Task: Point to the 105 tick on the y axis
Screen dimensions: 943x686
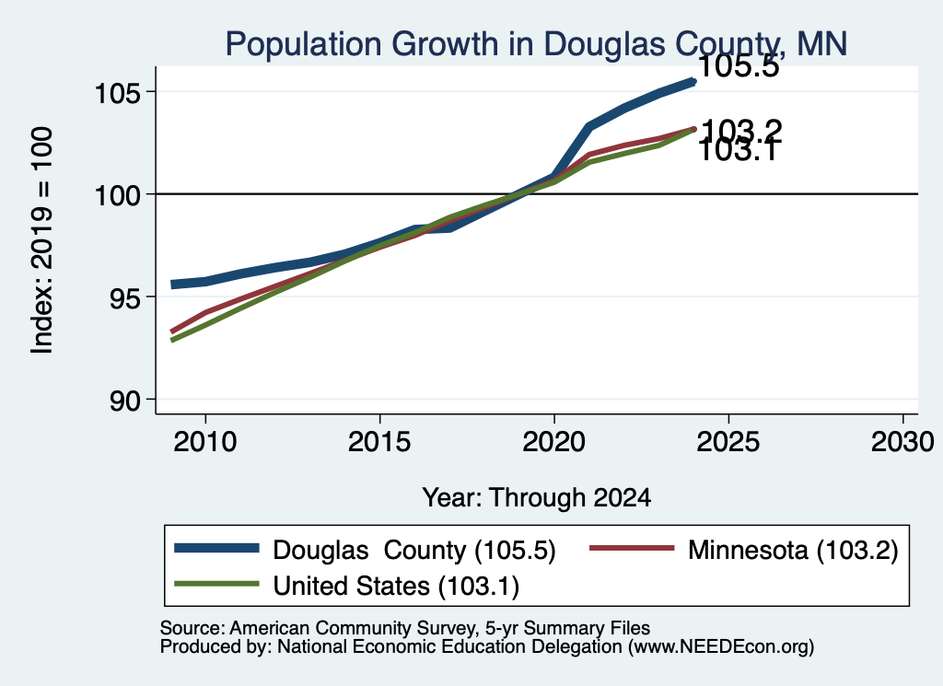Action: pyautogui.click(x=118, y=93)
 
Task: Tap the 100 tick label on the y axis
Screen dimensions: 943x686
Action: pyautogui.click(x=118, y=195)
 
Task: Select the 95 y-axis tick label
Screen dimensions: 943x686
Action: pyautogui.click(x=125, y=297)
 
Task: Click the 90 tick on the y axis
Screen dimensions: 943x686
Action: pyautogui.click(x=125, y=401)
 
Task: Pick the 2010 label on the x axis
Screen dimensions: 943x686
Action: pyautogui.click(x=205, y=443)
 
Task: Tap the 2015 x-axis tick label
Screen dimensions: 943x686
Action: pyautogui.click(x=379, y=443)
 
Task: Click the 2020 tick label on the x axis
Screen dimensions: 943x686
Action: pyautogui.click(x=553, y=443)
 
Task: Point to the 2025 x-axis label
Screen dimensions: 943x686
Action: pyautogui.click(x=728, y=443)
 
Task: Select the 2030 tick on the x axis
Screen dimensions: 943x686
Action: pyautogui.click(x=902, y=443)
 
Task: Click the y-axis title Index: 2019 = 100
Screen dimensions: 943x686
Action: pyautogui.click(x=42, y=240)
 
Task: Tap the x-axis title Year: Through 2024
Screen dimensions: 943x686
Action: pyautogui.click(x=537, y=498)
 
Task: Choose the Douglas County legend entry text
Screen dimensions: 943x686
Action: pyautogui.click(x=414, y=550)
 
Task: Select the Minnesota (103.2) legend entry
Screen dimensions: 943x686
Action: pyautogui.click(x=793, y=550)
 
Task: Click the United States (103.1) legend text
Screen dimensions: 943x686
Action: pyautogui.click(x=396, y=587)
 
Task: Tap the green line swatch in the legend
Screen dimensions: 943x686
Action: pyautogui.click(x=216, y=584)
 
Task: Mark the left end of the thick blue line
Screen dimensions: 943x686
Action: pyautogui.click(x=172, y=285)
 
